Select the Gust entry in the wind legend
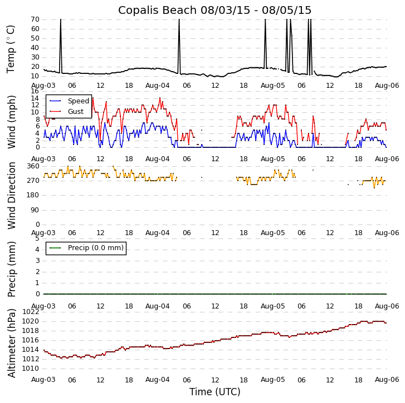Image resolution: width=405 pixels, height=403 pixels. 75,112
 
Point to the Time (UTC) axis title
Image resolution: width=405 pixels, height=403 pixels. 214,392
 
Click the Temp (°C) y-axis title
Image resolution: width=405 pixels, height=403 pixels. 11,48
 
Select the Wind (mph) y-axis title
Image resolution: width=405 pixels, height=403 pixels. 12,121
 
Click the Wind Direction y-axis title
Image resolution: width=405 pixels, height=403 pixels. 12,195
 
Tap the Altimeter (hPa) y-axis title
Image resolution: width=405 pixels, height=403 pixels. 12,342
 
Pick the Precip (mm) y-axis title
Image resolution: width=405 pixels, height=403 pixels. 12,268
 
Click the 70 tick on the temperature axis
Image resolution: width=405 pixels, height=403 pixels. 35,19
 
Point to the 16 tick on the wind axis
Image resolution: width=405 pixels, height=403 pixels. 35,91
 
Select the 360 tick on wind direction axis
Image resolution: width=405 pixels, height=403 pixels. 33,166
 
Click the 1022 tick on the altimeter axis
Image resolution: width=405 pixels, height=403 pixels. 31,312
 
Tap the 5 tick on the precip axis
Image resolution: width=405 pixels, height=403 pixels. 37,238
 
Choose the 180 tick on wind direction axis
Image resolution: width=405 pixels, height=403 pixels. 33,195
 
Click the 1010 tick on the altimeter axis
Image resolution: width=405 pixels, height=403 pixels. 31,368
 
